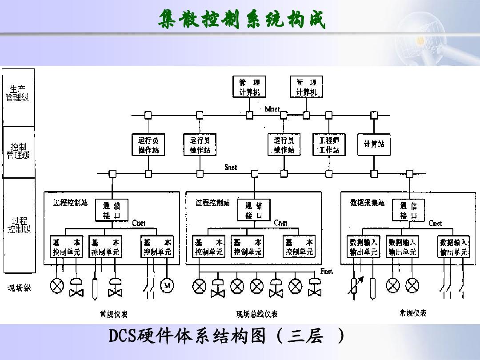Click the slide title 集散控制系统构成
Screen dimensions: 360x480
[x=241, y=19]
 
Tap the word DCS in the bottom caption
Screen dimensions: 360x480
[x=122, y=336]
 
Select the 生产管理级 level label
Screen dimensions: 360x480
[x=18, y=94]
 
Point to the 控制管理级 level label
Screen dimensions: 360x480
[x=18, y=151]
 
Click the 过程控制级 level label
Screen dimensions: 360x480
[x=19, y=225]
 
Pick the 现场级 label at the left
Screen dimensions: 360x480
[x=19, y=288]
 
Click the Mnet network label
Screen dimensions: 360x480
[x=272, y=109]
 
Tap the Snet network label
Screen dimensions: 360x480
[x=231, y=168]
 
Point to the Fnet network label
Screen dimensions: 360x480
[x=327, y=271]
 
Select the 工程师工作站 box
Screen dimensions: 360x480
[x=329, y=145]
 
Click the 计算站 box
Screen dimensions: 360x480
[x=374, y=144]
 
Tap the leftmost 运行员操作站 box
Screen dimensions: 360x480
[x=148, y=145]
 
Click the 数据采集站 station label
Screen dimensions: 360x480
[x=367, y=203]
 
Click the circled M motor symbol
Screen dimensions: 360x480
[x=167, y=286]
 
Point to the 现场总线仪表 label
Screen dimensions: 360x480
[x=257, y=314]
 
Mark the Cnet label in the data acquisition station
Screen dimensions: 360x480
[x=436, y=223]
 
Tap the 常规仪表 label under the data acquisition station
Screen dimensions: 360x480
[x=412, y=313]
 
